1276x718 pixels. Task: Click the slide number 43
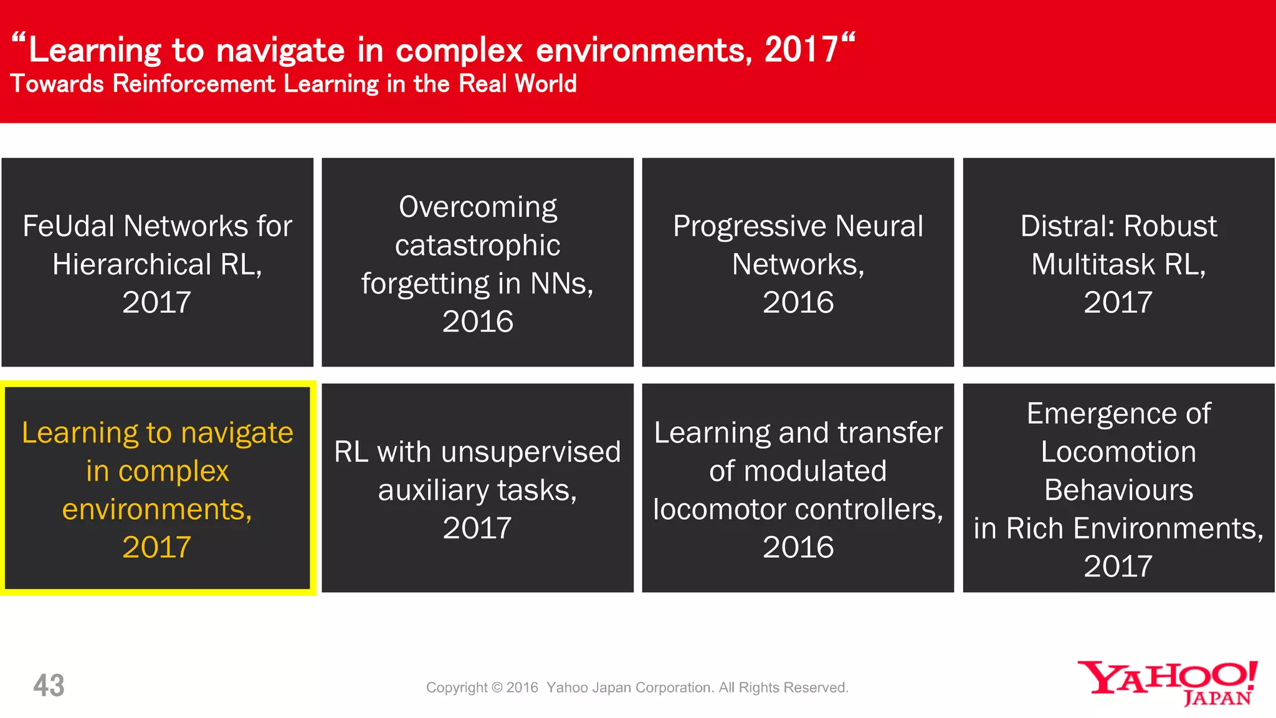pyautogui.click(x=49, y=686)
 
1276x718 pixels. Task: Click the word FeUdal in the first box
pyautogui.click(x=70, y=226)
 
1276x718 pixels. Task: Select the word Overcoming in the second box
pyautogui.click(x=478, y=208)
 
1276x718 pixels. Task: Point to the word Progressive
pyautogui.click(x=750, y=227)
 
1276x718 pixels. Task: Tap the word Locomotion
pyautogui.click(x=1118, y=452)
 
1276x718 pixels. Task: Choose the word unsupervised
pyautogui.click(x=530, y=452)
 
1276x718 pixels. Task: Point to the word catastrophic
pyautogui.click(x=477, y=246)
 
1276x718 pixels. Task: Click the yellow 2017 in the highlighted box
pyautogui.click(x=156, y=548)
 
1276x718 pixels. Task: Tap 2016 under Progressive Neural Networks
pyautogui.click(x=798, y=303)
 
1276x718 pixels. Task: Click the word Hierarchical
pyautogui.click(x=132, y=265)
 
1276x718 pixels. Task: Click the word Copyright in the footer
pyautogui.click(x=457, y=687)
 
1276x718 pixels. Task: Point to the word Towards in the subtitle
pyautogui.click(x=57, y=84)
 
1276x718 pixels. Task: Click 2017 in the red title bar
pyautogui.click(x=801, y=50)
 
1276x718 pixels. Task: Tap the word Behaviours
pyautogui.click(x=1118, y=491)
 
